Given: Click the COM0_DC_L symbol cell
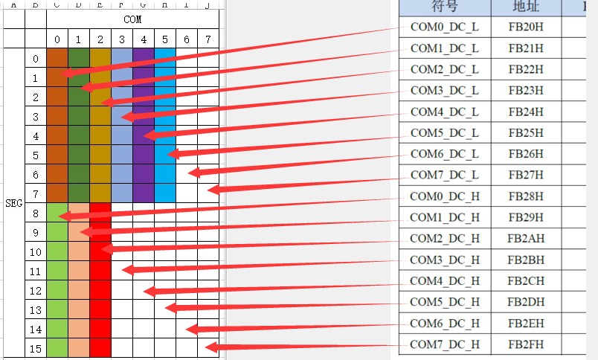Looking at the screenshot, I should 445,28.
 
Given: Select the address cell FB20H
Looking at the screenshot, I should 526,28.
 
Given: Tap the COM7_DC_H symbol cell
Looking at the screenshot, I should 445,344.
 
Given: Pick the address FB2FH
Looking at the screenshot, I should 526,344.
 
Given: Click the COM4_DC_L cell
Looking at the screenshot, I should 445,112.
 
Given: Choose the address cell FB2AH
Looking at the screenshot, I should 526,239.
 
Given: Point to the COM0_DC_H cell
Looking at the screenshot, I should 445,196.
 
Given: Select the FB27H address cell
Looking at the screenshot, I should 526,176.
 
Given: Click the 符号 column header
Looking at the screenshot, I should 445,7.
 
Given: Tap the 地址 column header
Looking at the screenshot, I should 526,7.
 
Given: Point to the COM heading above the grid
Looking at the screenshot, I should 132,19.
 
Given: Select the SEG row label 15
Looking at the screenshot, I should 36,347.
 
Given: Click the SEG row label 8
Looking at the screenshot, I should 36,212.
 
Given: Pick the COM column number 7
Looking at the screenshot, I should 208,39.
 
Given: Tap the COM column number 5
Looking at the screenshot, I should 165,39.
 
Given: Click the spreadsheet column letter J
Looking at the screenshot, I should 208,4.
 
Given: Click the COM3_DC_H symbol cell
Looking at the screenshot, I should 445,260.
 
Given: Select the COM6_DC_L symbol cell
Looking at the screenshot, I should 445,154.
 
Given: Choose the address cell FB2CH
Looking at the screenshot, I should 526,281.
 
